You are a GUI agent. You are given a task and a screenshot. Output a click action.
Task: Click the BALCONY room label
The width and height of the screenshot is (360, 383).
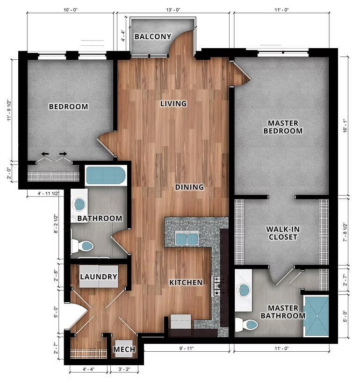pyautogui.click(x=153, y=36)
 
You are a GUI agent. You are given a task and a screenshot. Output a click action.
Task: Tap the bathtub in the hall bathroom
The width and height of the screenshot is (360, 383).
pyautogui.click(x=106, y=176)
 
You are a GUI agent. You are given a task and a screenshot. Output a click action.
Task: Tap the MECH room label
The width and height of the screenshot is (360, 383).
pyautogui.click(x=124, y=349)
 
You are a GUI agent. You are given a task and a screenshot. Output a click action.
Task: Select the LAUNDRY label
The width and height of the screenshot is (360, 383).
pyautogui.click(x=98, y=277)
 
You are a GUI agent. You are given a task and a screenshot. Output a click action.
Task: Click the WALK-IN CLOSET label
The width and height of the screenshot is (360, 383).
pyautogui.click(x=282, y=233)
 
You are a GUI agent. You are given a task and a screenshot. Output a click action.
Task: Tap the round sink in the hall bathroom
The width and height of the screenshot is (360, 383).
pyautogui.click(x=79, y=204)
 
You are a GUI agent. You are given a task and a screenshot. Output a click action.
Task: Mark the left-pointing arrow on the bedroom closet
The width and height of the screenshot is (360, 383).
pyautogui.click(x=45, y=154)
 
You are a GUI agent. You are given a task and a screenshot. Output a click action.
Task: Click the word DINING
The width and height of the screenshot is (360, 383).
pyautogui.click(x=189, y=187)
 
